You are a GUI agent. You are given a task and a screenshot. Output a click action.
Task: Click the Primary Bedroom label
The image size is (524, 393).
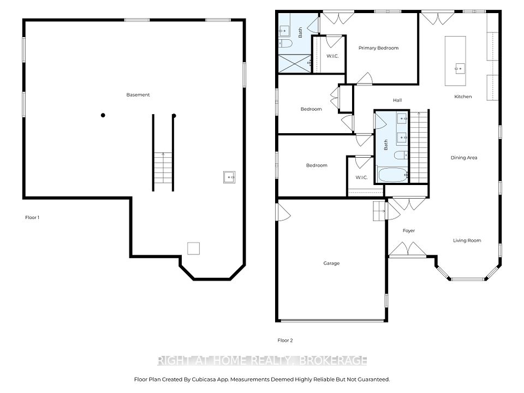(x=378, y=48)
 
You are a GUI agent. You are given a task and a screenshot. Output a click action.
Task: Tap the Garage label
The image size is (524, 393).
(x=331, y=263)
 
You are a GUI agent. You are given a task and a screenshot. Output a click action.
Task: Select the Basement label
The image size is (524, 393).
(x=138, y=95)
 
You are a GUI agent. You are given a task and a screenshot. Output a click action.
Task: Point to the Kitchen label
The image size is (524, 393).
(x=463, y=97)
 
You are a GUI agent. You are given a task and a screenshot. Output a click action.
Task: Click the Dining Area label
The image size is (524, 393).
(x=464, y=158)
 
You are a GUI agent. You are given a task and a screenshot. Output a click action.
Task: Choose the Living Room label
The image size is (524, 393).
(x=467, y=241)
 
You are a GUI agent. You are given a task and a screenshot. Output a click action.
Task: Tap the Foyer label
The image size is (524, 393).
(x=409, y=230)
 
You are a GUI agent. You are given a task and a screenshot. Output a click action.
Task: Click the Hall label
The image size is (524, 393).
(x=397, y=100)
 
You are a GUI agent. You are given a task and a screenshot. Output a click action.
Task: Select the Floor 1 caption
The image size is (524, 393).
(x=32, y=218)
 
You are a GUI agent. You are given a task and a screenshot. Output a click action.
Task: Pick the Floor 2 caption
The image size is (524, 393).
(x=285, y=341)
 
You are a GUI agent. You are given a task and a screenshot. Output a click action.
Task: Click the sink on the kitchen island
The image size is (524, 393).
(x=460, y=68)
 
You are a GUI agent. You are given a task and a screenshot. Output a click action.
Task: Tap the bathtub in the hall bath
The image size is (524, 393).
(x=392, y=175)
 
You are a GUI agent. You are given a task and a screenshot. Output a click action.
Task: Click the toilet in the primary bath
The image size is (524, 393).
(x=285, y=43)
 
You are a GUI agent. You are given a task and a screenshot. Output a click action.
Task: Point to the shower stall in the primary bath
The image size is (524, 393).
(x=295, y=63)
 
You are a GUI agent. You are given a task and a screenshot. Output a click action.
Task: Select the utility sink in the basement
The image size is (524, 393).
(x=229, y=177)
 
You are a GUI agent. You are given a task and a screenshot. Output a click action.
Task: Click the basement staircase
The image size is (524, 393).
(x=163, y=168)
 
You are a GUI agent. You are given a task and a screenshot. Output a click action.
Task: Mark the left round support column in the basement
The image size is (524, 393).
(x=103, y=115)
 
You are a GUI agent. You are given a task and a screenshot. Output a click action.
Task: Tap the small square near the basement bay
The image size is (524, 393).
(x=193, y=249)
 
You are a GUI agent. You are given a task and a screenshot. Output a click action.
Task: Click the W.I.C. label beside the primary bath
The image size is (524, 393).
(x=332, y=56)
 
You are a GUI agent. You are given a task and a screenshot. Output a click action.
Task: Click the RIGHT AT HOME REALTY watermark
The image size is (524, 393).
(x=262, y=361)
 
